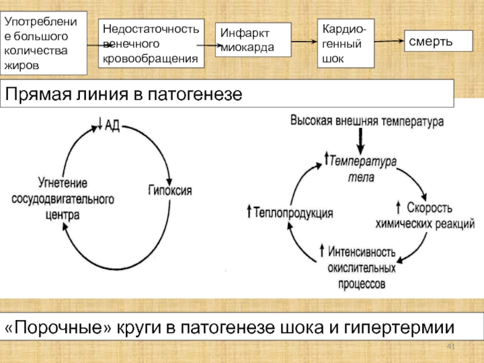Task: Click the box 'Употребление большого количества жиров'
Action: [44, 43]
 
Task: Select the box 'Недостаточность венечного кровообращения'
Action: [151, 43]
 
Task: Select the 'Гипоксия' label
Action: [170, 190]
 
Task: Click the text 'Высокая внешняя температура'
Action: [367, 120]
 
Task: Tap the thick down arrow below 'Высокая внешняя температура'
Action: [361, 144]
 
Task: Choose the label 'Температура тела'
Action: [362, 169]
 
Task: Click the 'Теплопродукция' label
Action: [291, 213]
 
